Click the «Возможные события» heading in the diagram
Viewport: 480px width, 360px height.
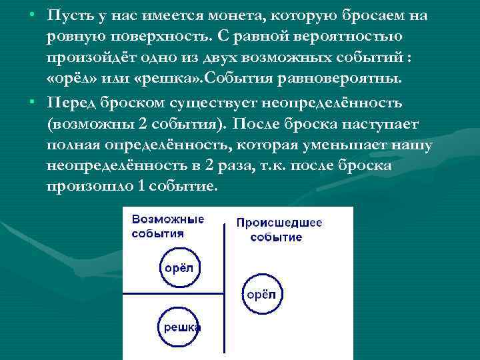167,226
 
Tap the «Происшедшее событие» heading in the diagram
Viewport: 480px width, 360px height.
279,230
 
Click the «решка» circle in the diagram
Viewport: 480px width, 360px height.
178,327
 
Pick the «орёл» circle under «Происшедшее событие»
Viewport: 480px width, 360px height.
261,293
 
